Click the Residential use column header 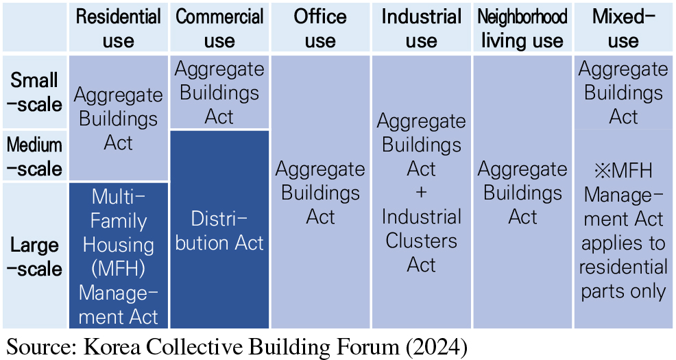point(119,27)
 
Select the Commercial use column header point(219,27)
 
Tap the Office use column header point(320,27)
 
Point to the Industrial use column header point(421,27)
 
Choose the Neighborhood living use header point(522,27)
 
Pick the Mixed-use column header point(623,27)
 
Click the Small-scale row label point(34,92)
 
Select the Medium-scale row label point(34,156)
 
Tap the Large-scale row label point(34,256)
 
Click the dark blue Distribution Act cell point(219,230)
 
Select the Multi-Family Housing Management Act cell point(119,256)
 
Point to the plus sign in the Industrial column point(421,192)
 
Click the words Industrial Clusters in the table point(421,228)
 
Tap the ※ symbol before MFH point(602,171)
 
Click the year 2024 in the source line point(436,347)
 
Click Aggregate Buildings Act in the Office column point(320,192)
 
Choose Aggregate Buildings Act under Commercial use point(219,93)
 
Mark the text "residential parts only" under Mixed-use point(623,279)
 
